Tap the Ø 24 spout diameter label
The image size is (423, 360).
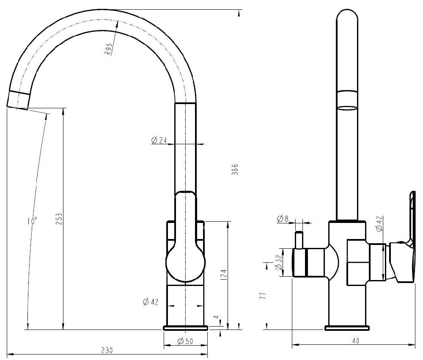tap(159, 140)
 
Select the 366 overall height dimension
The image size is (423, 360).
tap(235, 170)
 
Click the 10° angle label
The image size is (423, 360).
tap(32, 220)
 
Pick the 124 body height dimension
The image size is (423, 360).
tap(224, 275)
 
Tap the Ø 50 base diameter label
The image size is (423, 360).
tap(185, 341)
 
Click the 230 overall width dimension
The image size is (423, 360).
tap(107, 351)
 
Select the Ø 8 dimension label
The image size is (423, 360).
tap(283, 219)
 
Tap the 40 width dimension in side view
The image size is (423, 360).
tap(356, 341)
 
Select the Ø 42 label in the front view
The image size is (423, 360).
tap(150, 302)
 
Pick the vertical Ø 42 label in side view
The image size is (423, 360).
tap(379, 223)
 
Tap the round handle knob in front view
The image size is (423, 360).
tap(185, 264)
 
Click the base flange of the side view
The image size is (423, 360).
tap(347, 328)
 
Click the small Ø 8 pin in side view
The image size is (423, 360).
tap(299, 240)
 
